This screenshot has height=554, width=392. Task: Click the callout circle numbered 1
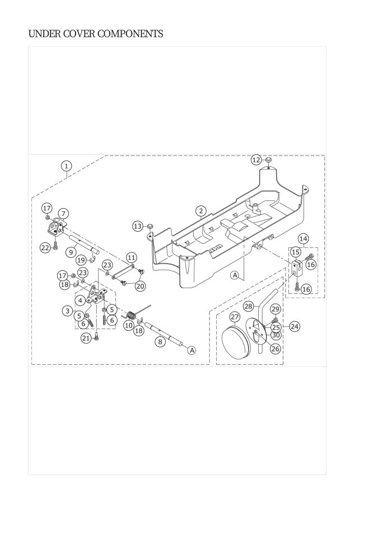click(67, 166)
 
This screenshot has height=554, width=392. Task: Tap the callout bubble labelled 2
click(200, 211)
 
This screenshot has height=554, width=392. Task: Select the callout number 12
click(256, 159)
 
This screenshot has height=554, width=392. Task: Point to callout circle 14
click(303, 239)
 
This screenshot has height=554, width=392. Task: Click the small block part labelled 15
click(296, 268)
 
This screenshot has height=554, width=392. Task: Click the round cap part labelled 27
click(236, 342)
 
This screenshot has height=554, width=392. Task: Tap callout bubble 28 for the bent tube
click(248, 306)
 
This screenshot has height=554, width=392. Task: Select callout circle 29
click(275, 309)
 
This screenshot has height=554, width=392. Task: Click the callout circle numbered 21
click(86, 337)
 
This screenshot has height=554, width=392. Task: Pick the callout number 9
click(71, 252)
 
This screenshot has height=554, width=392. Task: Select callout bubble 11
click(132, 257)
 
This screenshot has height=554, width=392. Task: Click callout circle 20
click(140, 285)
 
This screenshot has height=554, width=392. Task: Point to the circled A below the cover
click(235, 275)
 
